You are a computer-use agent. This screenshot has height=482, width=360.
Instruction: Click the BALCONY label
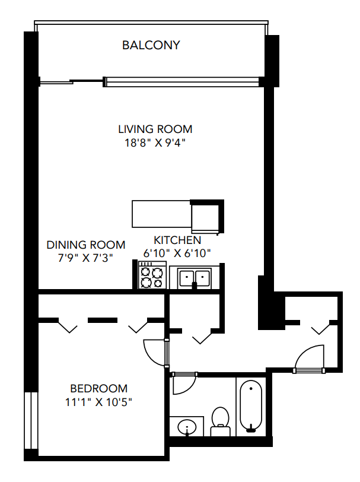151,45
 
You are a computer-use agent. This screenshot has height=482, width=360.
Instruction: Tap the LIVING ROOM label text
155,129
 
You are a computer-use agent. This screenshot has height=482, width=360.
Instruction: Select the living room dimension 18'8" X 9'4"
155,142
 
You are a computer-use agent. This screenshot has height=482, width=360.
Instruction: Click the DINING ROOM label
86,245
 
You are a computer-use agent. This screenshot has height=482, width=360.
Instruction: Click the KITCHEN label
177,240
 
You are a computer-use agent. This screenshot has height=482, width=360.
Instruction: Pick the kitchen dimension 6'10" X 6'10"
177,253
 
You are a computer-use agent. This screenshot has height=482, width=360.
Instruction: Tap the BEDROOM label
98,389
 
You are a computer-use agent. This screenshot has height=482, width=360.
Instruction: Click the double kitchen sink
194,278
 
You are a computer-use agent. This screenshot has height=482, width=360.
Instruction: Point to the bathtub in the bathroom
251,406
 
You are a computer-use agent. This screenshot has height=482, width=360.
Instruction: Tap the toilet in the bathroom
221,418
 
